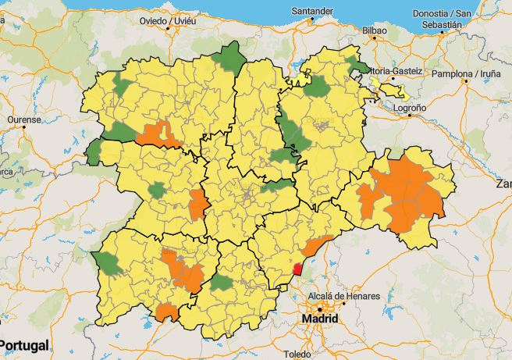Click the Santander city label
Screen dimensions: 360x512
click(x=312, y=11)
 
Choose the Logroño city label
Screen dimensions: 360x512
click(x=411, y=108)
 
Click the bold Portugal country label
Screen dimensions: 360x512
click(x=24, y=344)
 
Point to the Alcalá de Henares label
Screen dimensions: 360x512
click(x=344, y=297)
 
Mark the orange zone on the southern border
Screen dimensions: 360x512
click(x=166, y=313)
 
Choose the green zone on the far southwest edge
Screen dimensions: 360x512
click(x=108, y=264)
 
